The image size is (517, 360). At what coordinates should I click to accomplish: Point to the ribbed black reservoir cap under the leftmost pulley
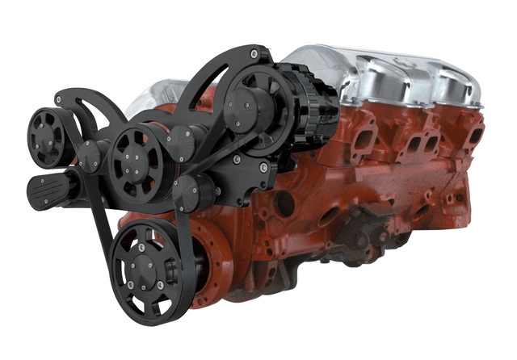point(48,190)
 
